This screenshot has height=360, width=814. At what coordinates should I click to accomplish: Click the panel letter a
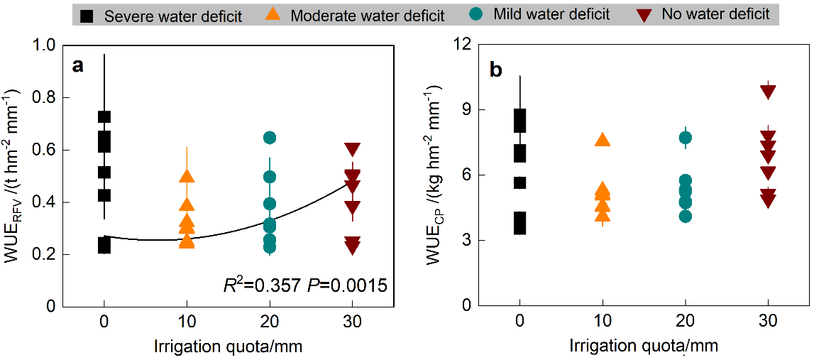click(x=77, y=66)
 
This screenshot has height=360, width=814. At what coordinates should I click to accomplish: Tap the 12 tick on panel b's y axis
click(x=463, y=45)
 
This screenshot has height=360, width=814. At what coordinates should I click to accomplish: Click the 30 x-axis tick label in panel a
click(x=352, y=321)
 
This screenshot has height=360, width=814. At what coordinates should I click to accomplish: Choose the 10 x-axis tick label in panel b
click(x=603, y=321)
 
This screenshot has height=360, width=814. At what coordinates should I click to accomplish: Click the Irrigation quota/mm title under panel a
click(x=228, y=347)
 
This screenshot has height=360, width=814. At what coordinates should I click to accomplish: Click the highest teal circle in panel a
click(x=270, y=137)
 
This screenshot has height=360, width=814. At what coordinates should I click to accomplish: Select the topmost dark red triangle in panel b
click(x=768, y=91)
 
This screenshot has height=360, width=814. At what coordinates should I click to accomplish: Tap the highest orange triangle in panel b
click(x=603, y=140)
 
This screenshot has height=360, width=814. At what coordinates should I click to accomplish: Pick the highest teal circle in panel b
click(x=686, y=138)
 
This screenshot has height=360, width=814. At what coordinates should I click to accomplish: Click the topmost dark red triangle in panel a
click(x=352, y=149)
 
